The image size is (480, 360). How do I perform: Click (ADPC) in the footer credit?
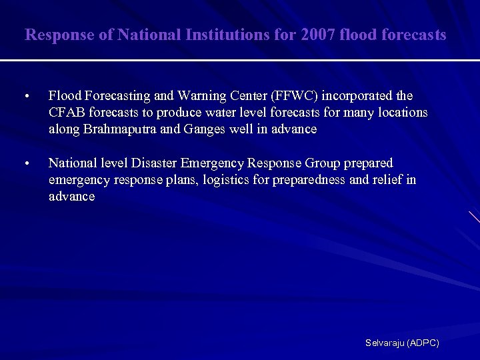coord(423,343)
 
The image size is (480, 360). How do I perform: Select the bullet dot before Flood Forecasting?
coord(25,97)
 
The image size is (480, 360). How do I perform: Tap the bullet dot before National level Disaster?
coord(25,164)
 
